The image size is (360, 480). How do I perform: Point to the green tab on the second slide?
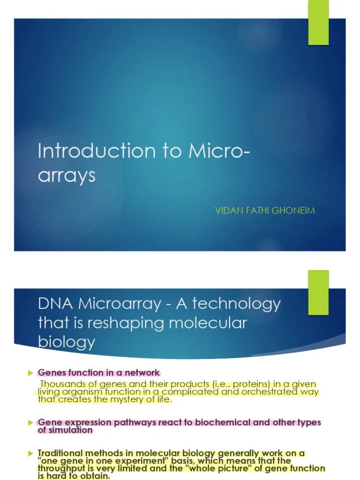point(318,285)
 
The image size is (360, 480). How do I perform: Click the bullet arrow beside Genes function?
point(31,373)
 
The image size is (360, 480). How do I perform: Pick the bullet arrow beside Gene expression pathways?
point(31,422)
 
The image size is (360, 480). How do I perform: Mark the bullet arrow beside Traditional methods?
point(31,453)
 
